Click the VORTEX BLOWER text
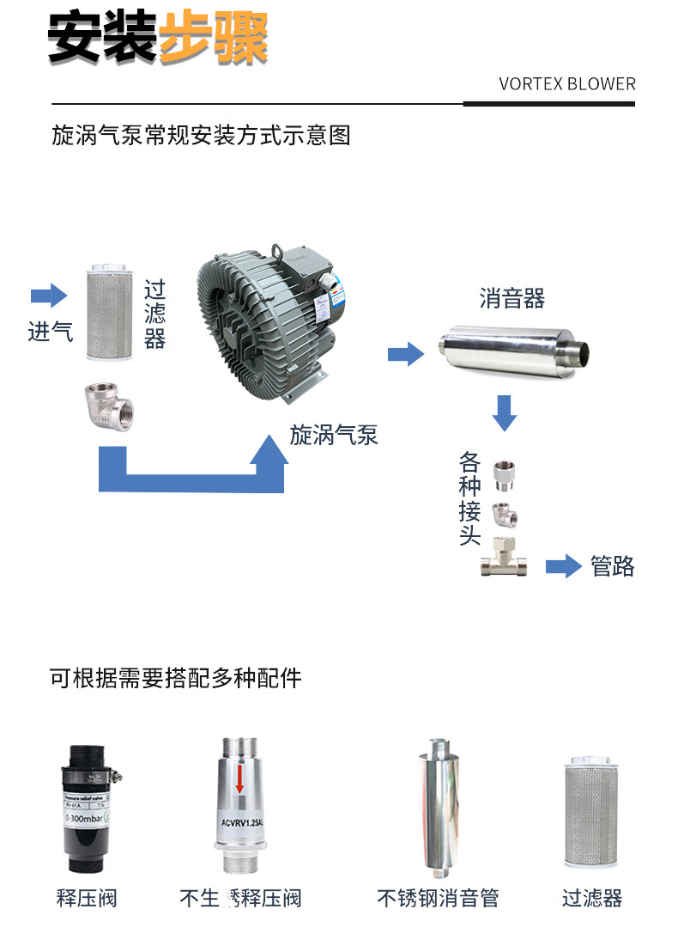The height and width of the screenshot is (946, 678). point(567,84)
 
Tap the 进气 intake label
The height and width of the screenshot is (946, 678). point(51,332)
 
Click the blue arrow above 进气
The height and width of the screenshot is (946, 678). point(49,296)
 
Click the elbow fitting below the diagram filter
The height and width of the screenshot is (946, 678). point(109,406)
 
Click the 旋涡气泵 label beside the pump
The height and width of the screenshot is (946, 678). point(334,435)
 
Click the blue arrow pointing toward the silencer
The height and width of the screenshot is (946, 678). point(406,352)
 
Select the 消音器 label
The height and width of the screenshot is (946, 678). point(512,298)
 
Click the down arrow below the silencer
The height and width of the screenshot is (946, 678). point(505,412)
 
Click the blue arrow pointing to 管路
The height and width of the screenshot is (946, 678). point(564,566)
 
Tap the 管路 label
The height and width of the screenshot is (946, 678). point(613,566)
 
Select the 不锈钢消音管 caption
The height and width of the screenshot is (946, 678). point(438,899)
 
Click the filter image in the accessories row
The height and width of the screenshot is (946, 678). point(591,813)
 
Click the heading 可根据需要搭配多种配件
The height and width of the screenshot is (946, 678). point(176,678)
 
